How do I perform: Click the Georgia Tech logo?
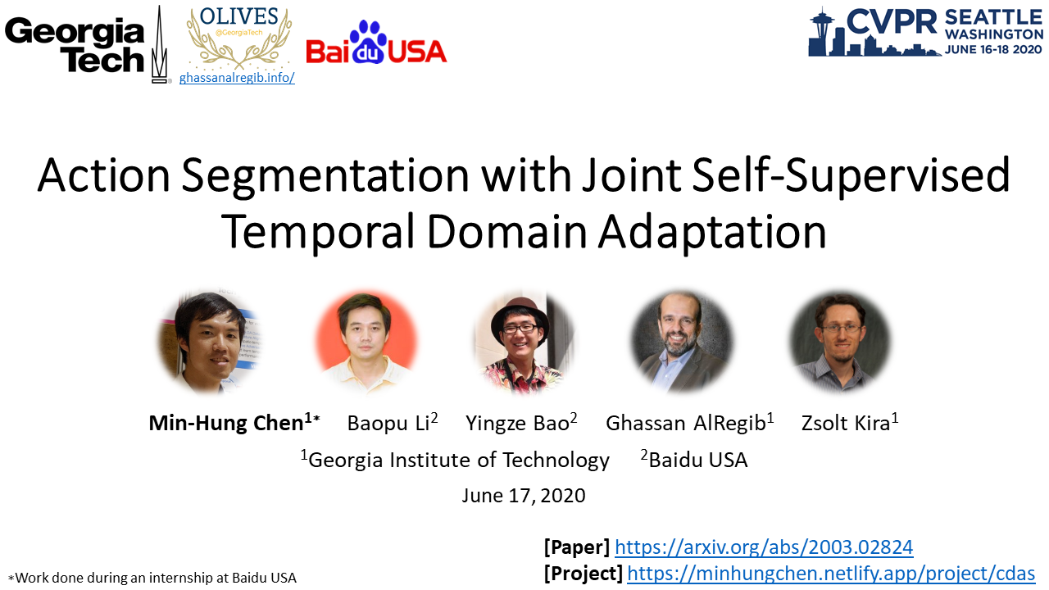coord(87,45)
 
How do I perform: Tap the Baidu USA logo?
coord(376,43)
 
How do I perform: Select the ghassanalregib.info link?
coord(237,78)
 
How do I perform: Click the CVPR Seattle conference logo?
coord(926,32)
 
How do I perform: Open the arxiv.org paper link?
coord(764,547)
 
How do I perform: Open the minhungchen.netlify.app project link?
coord(831,573)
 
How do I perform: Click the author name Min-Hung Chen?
coord(226,423)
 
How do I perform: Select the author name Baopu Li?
coord(388,423)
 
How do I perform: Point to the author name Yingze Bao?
coord(517,423)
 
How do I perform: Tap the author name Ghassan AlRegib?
coord(686,423)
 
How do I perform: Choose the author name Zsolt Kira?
coord(845,423)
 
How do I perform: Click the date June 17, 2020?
coord(524,496)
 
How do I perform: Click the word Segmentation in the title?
coord(325,176)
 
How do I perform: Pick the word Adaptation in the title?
coord(712,232)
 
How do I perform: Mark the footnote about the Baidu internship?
coord(152,578)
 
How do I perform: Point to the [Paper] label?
coord(577,547)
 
